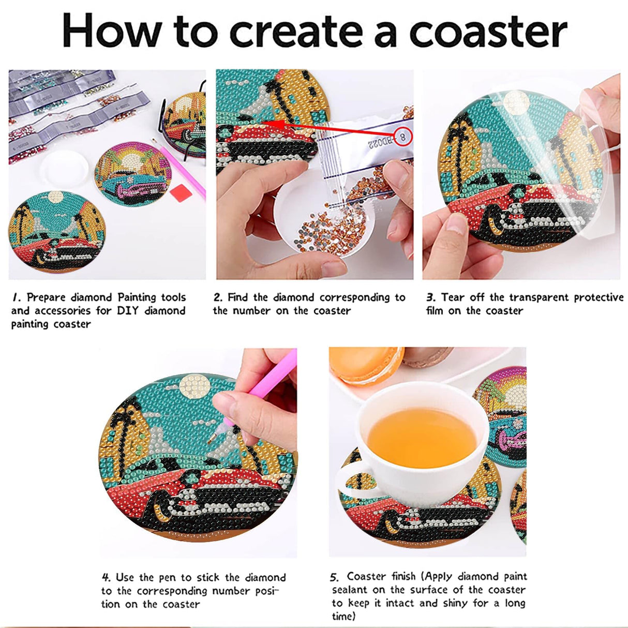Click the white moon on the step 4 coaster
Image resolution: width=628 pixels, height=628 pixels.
coord(196,385)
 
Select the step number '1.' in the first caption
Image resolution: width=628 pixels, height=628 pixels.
coord(17,297)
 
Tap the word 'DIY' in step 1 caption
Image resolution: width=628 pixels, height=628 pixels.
coord(127,311)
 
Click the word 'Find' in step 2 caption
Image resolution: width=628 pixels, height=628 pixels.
coord(238,297)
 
